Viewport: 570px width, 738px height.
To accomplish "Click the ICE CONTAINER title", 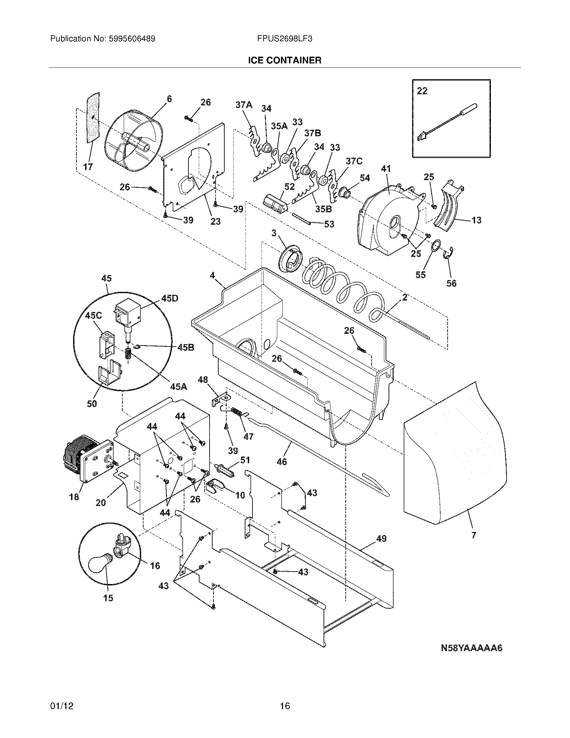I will pyautogui.click(x=284, y=60).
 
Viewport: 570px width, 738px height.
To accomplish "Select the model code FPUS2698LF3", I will pyautogui.click(x=284, y=39).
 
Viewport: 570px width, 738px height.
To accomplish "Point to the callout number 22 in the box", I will pyautogui.click(x=422, y=91).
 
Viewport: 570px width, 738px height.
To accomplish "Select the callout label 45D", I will pyautogui.click(x=170, y=298).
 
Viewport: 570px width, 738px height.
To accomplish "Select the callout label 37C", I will pyautogui.click(x=353, y=161).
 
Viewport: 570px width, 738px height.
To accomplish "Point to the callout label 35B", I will pyautogui.click(x=323, y=209).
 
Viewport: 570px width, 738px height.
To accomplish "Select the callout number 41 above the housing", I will pyautogui.click(x=385, y=168).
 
